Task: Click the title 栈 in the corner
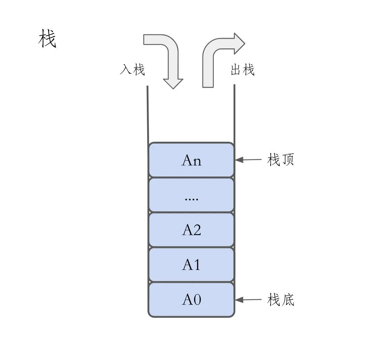click(x=47, y=39)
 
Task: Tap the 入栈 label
click(x=132, y=70)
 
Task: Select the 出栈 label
click(x=243, y=70)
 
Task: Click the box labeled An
click(x=191, y=160)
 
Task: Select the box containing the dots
click(x=191, y=195)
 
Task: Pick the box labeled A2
click(x=191, y=230)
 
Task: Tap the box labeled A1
click(x=191, y=265)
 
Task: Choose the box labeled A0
click(x=191, y=300)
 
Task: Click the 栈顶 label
click(x=281, y=160)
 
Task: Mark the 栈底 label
click(x=281, y=299)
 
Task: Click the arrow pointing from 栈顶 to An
click(x=248, y=160)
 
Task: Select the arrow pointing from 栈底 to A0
click(x=248, y=300)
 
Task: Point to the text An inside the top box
click(x=191, y=161)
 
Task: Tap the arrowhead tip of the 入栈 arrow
click(x=173, y=88)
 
